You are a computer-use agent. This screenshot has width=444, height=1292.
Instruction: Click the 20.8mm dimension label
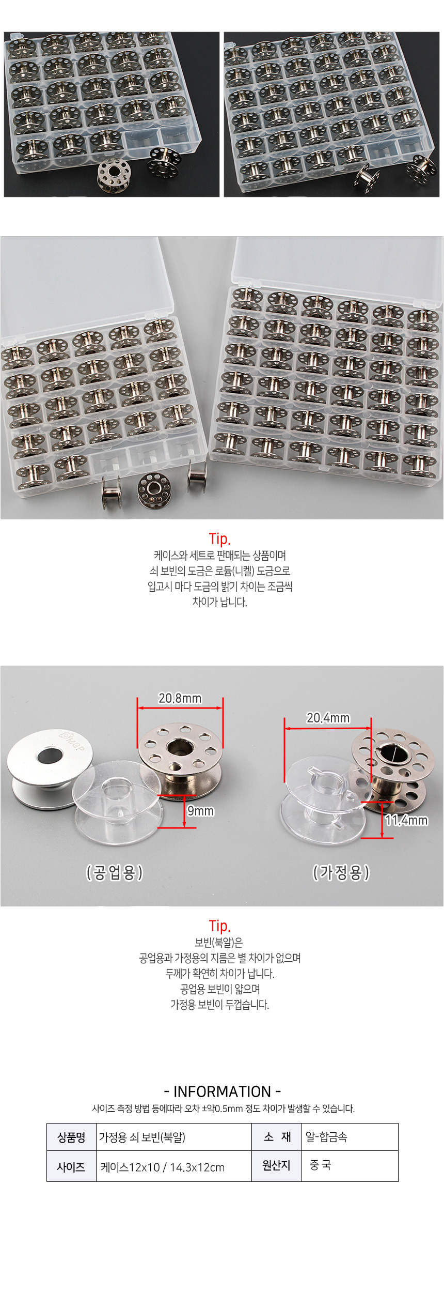click(x=180, y=698)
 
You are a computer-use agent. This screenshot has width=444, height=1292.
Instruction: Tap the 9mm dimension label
click(x=200, y=811)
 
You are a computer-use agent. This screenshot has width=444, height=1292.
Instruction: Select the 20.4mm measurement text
click(x=328, y=718)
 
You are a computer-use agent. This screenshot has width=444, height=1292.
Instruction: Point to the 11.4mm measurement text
click(x=406, y=820)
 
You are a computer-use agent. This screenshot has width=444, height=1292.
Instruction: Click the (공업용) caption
click(x=115, y=872)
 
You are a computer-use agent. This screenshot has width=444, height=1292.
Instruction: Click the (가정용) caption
click(x=341, y=872)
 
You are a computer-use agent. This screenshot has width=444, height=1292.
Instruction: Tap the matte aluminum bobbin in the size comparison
click(x=50, y=768)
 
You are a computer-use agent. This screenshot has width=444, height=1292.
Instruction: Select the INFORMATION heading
click(x=222, y=1091)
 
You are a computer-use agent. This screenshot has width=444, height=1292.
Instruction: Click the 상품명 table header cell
click(x=71, y=1137)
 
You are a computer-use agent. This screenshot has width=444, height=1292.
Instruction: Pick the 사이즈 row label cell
click(x=71, y=1167)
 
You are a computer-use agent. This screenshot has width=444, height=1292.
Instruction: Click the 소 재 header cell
click(x=277, y=1137)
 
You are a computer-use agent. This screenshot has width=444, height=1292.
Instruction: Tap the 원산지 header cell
click(x=277, y=1166)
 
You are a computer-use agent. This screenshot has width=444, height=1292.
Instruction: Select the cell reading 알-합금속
click(x=350, y=1137)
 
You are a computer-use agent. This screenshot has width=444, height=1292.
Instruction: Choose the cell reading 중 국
click(x=350, y=1166)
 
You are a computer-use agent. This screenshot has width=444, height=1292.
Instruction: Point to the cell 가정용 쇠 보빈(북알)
click(x=174, y=1137)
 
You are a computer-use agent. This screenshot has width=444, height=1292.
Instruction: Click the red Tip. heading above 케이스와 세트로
click(x=220, y=539)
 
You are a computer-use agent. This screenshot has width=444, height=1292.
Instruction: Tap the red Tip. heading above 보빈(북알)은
click(x=220, y=926)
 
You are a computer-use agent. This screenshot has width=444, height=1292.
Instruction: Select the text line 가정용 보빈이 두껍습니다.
click(x=220, y=1005)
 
